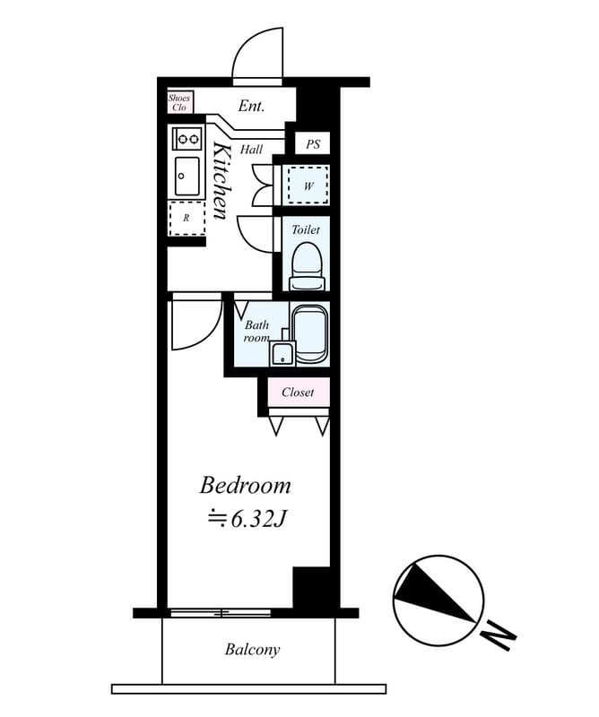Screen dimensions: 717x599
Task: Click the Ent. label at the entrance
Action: (x=251, y=106)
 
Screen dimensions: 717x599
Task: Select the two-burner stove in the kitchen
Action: (x=188, y=138)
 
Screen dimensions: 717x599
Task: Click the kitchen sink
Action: (x=187, y=176)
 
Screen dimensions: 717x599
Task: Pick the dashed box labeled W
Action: (x=308, y=186)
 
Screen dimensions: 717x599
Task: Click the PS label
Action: (x=312, y=143)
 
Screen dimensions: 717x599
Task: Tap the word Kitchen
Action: (x=221, y=179)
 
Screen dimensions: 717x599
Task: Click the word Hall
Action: (x=252, y=150)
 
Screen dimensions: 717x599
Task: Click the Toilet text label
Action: (x=306, y=230)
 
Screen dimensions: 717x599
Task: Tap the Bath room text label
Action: (x=257, y=332)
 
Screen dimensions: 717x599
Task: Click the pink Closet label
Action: (x=298, y=393)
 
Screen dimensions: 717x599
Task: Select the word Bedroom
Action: (x=245, y=486)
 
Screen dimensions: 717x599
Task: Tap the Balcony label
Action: (x=252, y=650)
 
